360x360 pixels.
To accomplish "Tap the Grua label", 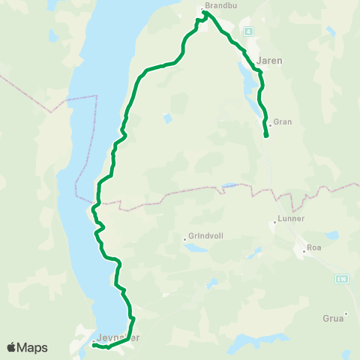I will pyautogui.click(x=334, y=318).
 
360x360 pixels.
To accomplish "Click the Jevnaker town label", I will pyautogui.click(x=118, y=337).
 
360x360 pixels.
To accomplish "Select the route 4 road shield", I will pyautogui.click(x=247, y=31).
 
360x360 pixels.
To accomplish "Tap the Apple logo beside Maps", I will pyautogui.click(x=12, y=347).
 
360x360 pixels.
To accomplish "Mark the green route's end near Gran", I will pyautogui.click(x=266, y=136).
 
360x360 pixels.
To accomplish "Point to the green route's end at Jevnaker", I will pyautogui.click(x=94, y=345).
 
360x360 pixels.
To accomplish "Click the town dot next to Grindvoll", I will pyautogui.click(x=184, y=240).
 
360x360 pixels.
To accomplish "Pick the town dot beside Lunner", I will pyautogui.click(x=275, y=223).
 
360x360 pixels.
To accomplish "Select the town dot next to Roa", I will pyautogui.click(x=302, y=250).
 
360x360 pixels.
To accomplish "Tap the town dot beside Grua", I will pyautogui.click(x=346, y=313).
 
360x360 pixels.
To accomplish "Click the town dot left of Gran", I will pyautogui.click(x=270, y=125).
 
